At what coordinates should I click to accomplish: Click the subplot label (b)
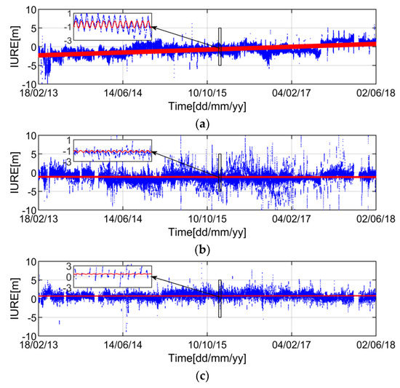209,250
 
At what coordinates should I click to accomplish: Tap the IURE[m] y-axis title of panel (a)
9,47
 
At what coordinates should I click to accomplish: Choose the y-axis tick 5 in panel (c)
31,280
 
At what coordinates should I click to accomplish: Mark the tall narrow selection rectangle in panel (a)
220,47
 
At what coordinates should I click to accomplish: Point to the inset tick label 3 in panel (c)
68,267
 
